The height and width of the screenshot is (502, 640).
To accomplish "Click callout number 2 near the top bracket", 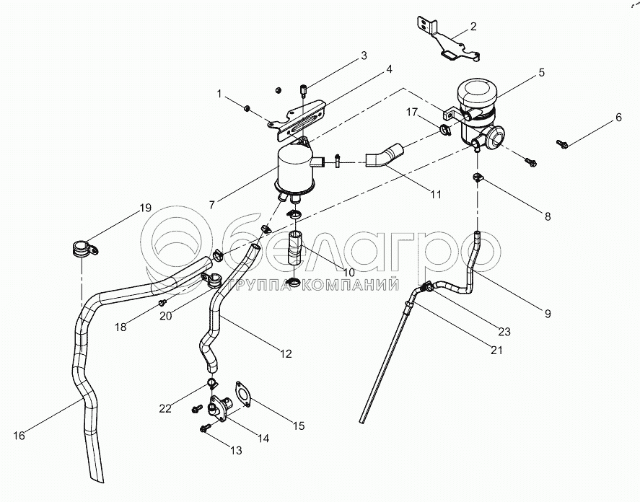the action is pos(473,27).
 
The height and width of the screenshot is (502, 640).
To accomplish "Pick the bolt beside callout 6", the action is pos(563,144).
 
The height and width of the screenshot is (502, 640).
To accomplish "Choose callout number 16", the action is pos(19,436).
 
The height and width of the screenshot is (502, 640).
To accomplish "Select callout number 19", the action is pos(145,208).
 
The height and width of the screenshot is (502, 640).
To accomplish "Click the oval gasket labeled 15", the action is pos(243,395).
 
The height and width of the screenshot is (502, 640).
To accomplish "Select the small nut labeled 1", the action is pos(247,108).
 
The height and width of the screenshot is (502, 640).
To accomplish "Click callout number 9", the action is pos(547,314).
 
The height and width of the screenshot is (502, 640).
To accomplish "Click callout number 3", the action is pos(364,55).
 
